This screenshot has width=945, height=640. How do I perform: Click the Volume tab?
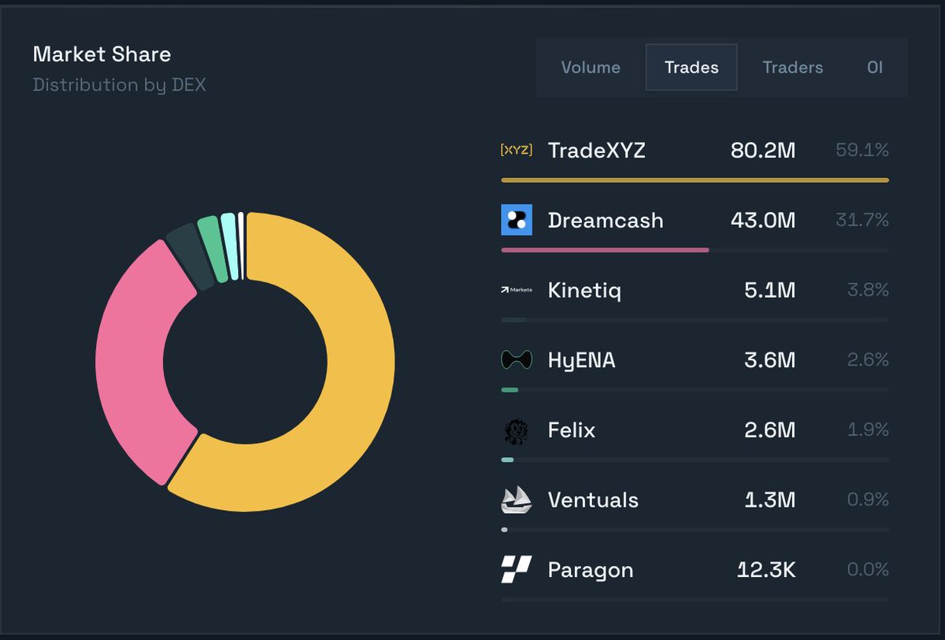point(591,68)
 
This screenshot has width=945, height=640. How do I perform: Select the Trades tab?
point(691,68)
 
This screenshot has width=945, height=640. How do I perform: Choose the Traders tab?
point(792,68)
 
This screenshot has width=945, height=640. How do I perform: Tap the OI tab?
point(875,68)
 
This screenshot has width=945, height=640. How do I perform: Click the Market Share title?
point(102,54)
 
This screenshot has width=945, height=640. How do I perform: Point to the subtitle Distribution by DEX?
point(119,85)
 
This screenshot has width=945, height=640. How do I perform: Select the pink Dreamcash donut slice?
point(134,355)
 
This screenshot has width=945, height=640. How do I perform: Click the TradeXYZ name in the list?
point(596,151)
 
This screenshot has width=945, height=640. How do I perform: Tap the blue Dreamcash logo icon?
point(517,220)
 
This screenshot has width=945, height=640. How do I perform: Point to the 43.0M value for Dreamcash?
point(762,220)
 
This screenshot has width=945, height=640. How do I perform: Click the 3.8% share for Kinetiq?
point(868,290)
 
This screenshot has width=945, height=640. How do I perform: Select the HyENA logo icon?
point(517,360)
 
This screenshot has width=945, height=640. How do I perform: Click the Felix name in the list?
point(571,430)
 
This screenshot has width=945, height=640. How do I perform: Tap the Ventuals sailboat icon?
point(517,500)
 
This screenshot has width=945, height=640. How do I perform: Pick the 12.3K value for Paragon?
point(766,570)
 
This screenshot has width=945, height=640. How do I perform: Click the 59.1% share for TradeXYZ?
point(862,151)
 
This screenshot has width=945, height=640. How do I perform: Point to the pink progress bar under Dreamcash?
point(605,250)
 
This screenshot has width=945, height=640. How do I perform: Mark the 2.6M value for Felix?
point(769,430)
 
